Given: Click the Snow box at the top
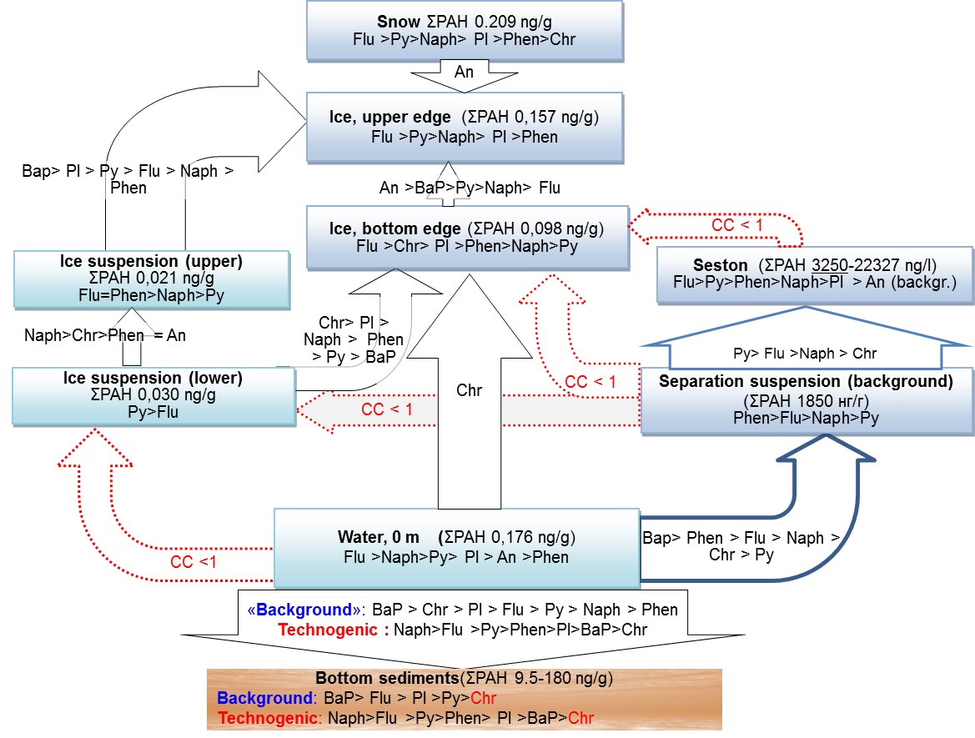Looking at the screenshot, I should coord(464,30).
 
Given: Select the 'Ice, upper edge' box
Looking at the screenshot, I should coord(464,126).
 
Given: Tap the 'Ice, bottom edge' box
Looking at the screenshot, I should coord(466,237).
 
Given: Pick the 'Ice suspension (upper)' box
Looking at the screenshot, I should coord(151,278).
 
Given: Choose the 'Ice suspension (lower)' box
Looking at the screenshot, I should coord(153,394).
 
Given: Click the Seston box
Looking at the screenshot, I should coord(815,274).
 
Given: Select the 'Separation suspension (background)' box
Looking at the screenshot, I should coord(806,400).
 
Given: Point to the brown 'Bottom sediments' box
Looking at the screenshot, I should coord(464,699).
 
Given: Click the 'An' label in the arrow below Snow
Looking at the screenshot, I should coord(464,72).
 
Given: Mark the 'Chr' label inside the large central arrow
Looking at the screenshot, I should coord(469,390).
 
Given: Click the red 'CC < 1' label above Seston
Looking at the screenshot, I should coord(736,225).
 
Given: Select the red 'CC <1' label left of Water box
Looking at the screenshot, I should coord(194,561).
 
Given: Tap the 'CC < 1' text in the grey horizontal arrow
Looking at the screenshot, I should coord(386,409).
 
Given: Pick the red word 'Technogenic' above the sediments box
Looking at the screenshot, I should coord(327,630).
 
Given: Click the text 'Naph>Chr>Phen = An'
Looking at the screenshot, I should coord(105,335).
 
